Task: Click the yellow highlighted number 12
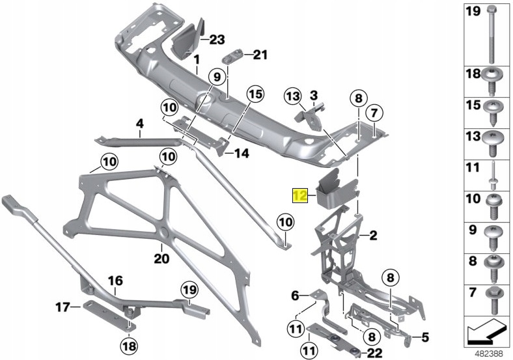click(x=299, y=195)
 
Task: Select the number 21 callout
click(x=260, y=55)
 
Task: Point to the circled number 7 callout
click(x=374, y=113)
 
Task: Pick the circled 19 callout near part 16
click(x=189, y=288)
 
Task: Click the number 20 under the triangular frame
click(x=161, y=258)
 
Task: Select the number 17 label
click(x=62, y=307)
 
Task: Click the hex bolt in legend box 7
click(x=492, y=294)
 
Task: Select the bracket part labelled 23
click(x=187, y=37)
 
